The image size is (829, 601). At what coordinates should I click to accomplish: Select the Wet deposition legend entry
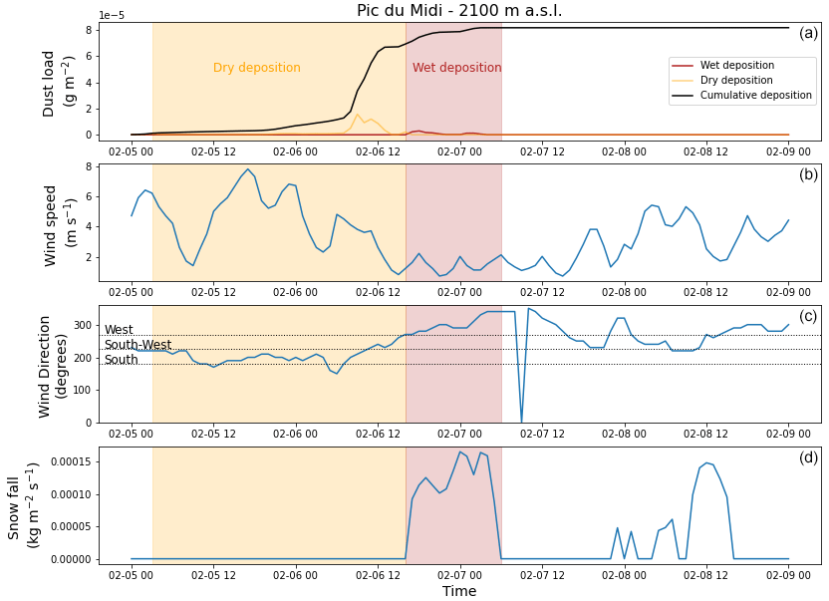pyautogui.click(x=737, y=66)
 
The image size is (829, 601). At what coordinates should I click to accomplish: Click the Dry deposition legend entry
pyautogui.click(x=736, y=81)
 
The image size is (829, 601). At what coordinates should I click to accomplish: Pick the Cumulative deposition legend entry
pyautogui.click(x=756, y=96)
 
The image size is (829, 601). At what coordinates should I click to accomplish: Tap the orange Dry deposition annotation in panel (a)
pyautogui.click(x=256, y=68)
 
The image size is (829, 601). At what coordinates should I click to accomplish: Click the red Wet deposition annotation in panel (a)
pyautogui.click(x=456, y=68)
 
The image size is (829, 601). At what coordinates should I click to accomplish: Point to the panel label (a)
pyautogui.click(x=807, y=33)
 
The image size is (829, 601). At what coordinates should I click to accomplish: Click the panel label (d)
pyautogui.click(x=807, y=457)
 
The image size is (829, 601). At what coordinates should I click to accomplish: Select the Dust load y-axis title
pyautogui.click(x=59, y=84)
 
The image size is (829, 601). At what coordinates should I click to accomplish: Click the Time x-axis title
pyautogui.click(x=458, y=591)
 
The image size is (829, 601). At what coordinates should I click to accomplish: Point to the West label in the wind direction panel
pyautogui.click(x=119, y=330)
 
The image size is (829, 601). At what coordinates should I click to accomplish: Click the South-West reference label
pyautogui.click(x=138, y=345)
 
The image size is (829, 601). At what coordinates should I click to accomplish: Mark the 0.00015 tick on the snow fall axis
pyautogui.click(x=68, y=462)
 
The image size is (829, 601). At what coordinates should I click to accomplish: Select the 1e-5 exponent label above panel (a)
pyautogui.click(x=112, y=16)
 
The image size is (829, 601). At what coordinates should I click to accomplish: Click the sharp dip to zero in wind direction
pyautogui.click(x=521, y=421)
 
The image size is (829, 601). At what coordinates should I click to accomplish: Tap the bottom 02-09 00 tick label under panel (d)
pyautogui.click(x=787, y=575)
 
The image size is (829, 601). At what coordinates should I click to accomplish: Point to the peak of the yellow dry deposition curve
pyautogui.click(x=358, y=114)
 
